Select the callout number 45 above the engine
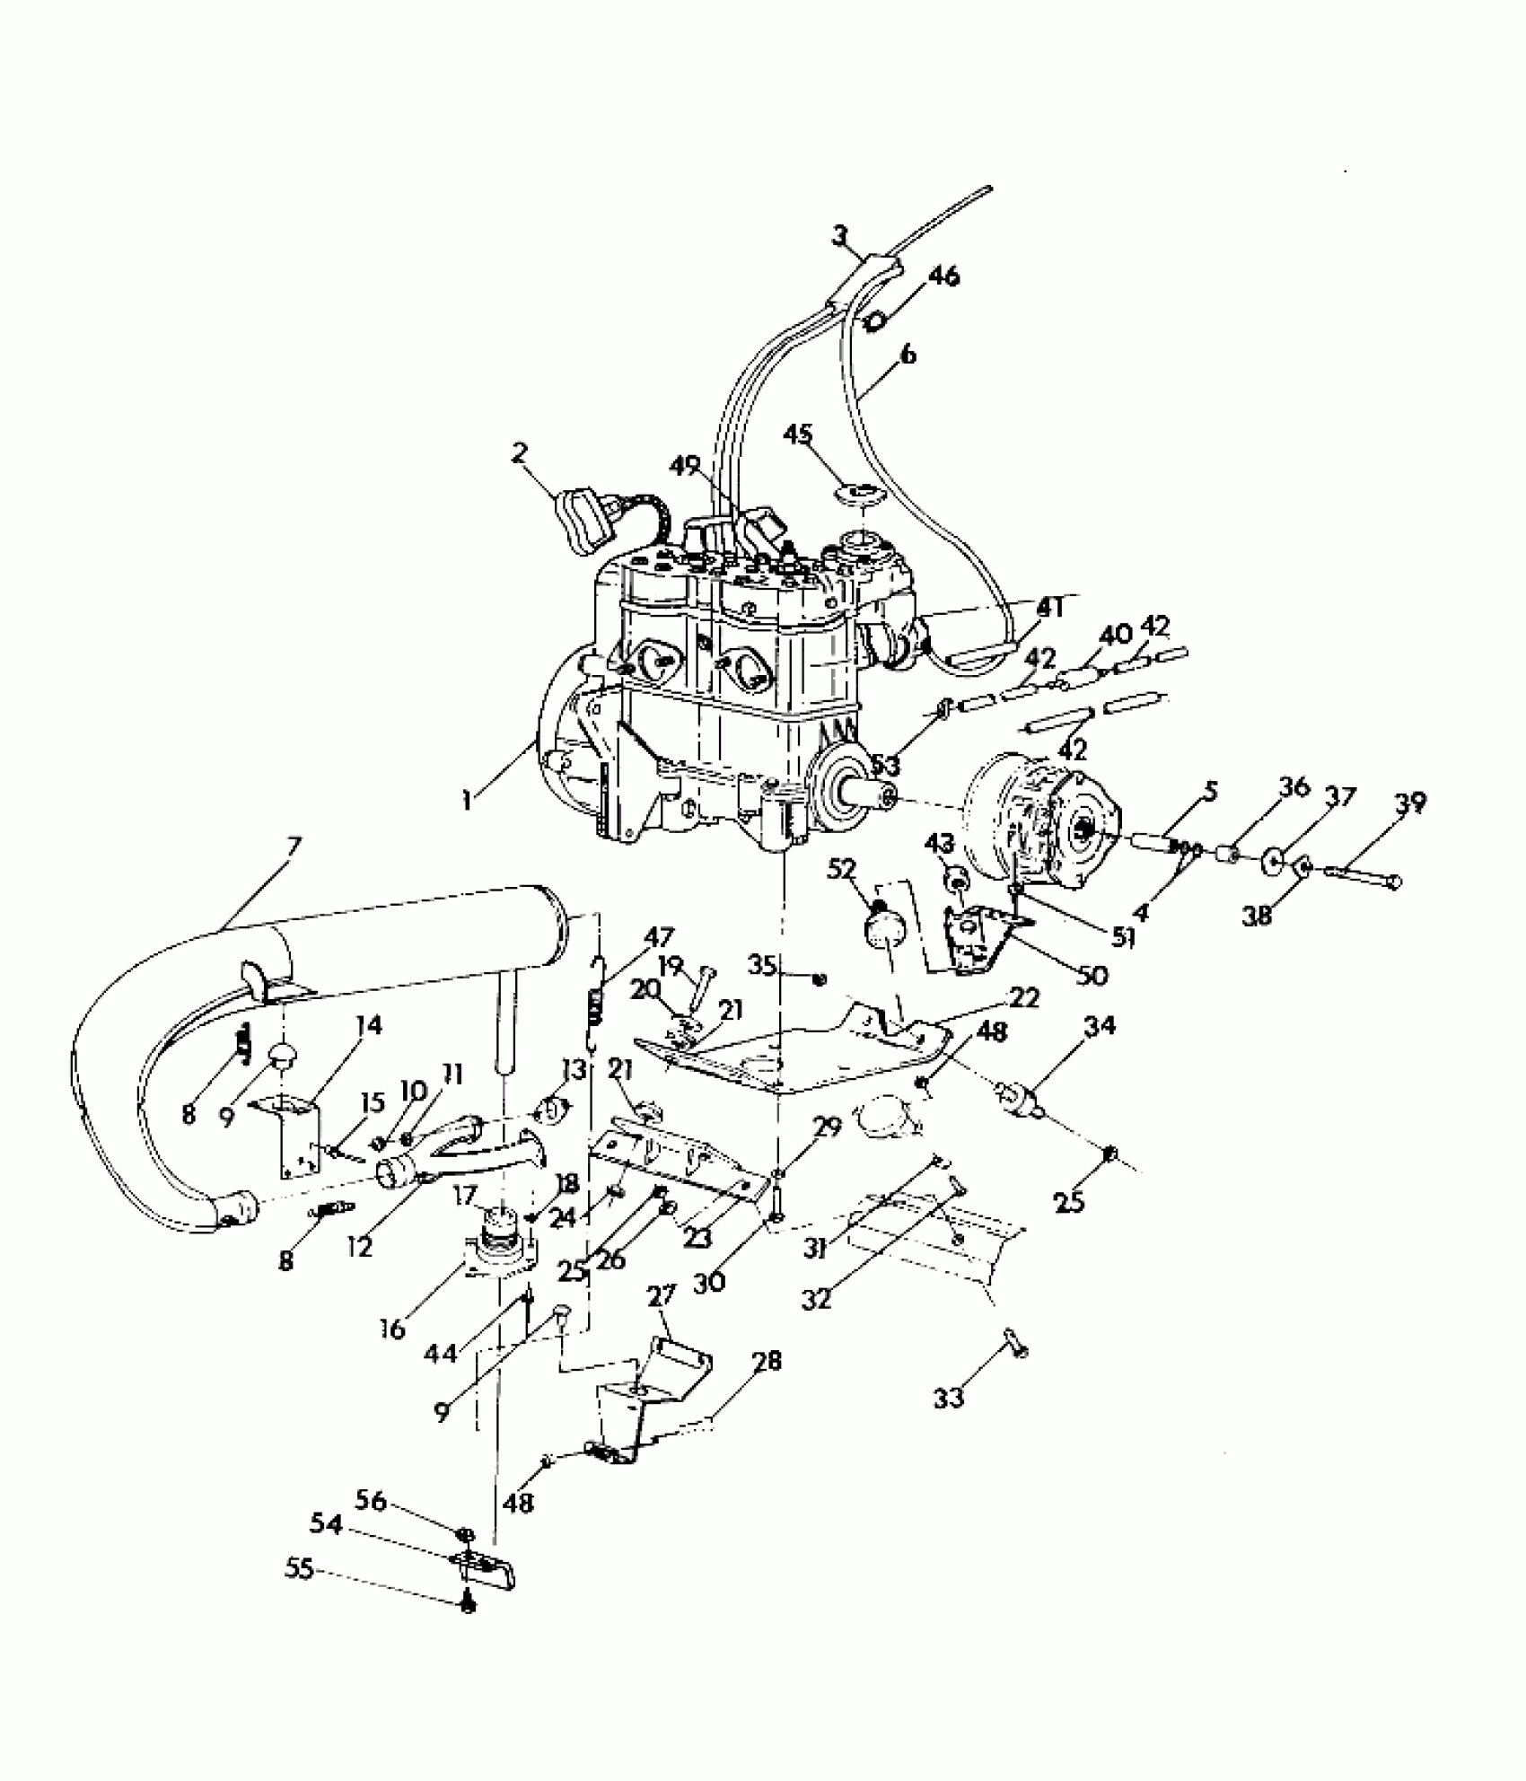click(798, 435)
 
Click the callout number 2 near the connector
click(520, 452)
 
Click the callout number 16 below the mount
click(392, 1328)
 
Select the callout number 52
click(844, 869)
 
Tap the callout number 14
click(368, 1024)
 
